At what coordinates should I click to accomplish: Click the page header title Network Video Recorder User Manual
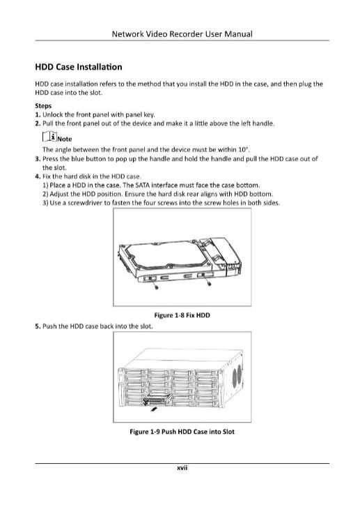pyautogui.click(x=182, y=34)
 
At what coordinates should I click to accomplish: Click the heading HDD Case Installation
pyautogui.click(x=79, y=67)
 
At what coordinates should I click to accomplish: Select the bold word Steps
pyautogui.click(x=43, y=106)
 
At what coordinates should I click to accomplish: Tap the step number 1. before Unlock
pyautogui.click(x=38, y=115)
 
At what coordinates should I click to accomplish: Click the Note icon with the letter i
pyautogui.click(x=49, y=137)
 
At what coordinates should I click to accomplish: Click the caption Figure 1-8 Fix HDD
pyautogui.click(x=182, y=315)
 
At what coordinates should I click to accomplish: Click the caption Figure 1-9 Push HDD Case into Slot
pyautogui.click(x=182, y=432)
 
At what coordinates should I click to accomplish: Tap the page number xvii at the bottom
pyautogui.click(x=182, y=468)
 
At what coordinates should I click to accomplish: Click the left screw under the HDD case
pyautogui.click(x=156, y=286)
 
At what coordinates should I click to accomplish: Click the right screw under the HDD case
pyautogui.click(x=209, y=282)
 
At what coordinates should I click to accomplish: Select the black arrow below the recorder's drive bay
pyautogui.click(x=153, y=409)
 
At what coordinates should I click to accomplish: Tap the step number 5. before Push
pyautogui.click(x=38, y=326)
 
